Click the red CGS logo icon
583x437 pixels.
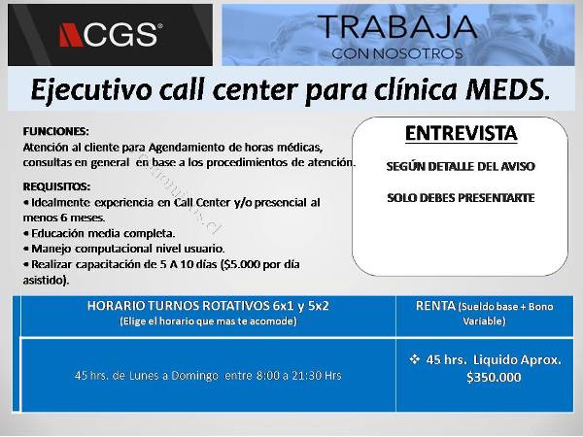point(71,35)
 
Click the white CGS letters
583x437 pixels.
point(120,35)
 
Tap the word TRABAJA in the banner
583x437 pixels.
point(397,27)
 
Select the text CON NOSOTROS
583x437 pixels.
point(397,53)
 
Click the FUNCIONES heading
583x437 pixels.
point(55,131)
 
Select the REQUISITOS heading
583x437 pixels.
point(56,186)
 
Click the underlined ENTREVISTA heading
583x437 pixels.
point(461,133)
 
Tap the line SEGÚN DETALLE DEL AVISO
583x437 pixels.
point(461,166)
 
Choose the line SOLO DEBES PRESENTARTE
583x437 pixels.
point(461,198)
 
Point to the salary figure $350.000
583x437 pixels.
point(494,377)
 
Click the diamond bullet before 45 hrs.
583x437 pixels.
point(414,359)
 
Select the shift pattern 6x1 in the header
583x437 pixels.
point(283,306)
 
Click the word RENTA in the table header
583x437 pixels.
point(435,306)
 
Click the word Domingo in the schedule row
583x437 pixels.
point(195,376)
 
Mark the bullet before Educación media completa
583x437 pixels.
point(26,234)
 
